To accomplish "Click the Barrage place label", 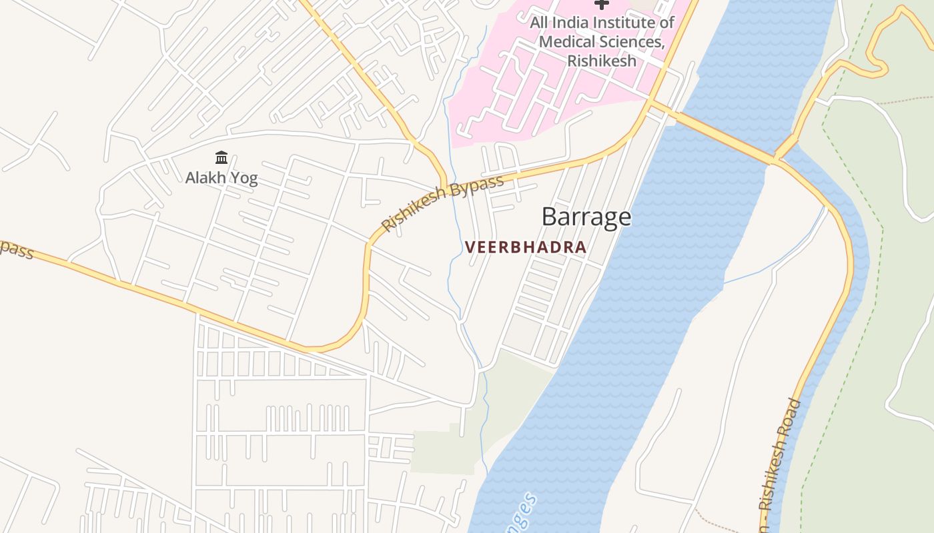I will (x=586, y=217).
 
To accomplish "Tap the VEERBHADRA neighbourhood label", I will (x=526, y=247).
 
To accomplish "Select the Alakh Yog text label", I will (x=221, y=178).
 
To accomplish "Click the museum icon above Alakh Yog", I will (x=221, y=158).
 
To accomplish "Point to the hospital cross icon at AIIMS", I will (x=602, y=4).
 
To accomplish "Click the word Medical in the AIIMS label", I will (x=569, y=41).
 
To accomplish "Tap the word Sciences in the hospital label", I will (x=631, y=41).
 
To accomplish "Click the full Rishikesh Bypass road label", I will (x=442, y=204).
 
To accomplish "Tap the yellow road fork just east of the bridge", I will (x=777, y=159).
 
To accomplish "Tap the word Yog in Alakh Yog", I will (x=244, y=178).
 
